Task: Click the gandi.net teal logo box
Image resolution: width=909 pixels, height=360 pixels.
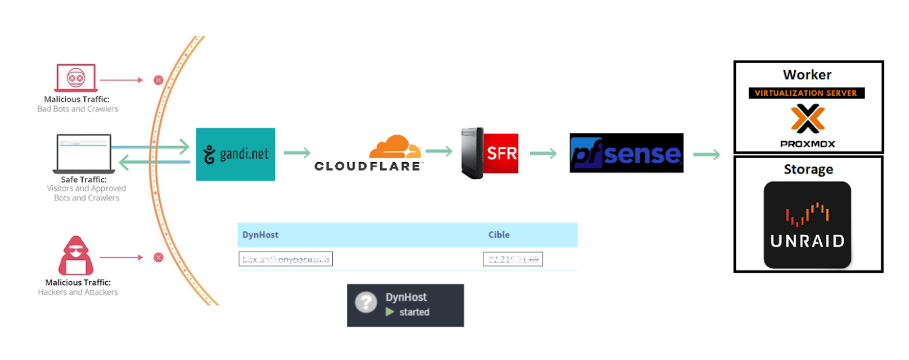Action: pos(236,154)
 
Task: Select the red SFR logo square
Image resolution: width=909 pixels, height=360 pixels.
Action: pos(501,153)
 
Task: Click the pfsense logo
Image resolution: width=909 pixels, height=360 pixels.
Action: pos(626,153)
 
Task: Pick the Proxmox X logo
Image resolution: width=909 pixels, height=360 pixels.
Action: pos(808,118)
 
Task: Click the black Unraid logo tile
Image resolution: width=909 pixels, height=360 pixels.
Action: pos(807,225)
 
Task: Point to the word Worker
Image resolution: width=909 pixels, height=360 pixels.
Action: pos(807,75)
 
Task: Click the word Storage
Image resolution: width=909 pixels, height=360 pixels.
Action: pos(808,169)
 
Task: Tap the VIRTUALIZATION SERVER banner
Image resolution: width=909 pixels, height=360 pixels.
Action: pos(806,93)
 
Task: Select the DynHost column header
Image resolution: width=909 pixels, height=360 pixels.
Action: pos(260,234)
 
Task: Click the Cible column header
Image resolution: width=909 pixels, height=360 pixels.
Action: pos(499,234)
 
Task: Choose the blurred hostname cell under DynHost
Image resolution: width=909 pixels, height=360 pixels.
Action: pos(286,259)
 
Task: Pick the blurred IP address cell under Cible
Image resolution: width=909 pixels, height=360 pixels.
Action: pos(513,259)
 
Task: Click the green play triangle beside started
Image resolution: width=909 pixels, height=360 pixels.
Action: pos(390,312)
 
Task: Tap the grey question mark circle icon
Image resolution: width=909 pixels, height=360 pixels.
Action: pos(366,302)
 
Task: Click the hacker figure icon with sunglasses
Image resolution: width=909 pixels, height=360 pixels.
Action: pos(76,255)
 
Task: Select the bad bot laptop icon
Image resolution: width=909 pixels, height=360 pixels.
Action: pos(76,78)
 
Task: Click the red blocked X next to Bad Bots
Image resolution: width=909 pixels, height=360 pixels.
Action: pos(159,80)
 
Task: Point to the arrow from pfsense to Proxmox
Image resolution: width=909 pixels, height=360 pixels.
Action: pos(706,154)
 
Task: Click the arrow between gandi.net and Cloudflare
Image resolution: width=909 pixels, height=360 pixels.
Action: pos(297,152)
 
